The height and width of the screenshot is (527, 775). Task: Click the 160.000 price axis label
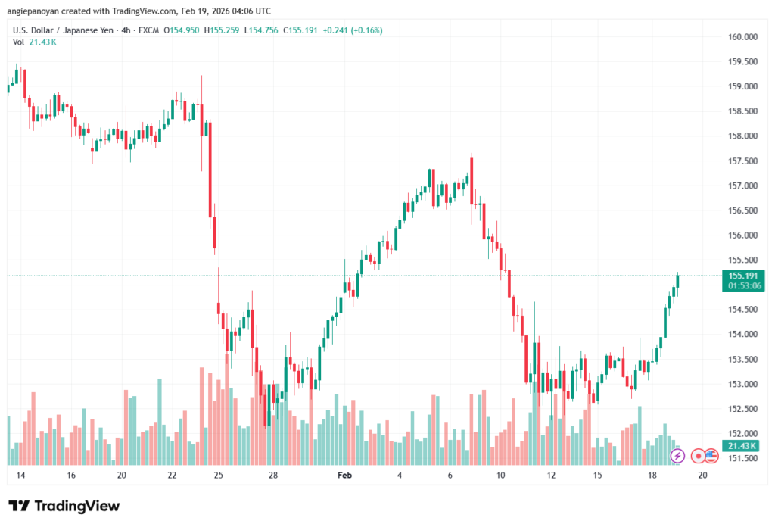(743, 36)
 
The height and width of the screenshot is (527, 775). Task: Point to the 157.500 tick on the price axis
(743, 161)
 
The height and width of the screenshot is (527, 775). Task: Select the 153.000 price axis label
(743, 384)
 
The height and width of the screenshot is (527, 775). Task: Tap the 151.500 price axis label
(743, 458)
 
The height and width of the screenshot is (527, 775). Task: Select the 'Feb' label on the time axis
(344, 476)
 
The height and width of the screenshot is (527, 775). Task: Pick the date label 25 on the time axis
(219, 476)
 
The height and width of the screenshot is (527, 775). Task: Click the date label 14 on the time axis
(20, 476)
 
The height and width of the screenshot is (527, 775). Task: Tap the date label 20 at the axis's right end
(702, 476)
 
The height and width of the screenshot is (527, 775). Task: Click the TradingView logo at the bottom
(64, 506)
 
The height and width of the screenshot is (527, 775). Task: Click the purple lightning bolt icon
(678, 456)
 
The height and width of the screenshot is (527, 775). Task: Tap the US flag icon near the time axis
(711, 456)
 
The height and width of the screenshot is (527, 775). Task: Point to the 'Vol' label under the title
(19, 42)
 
